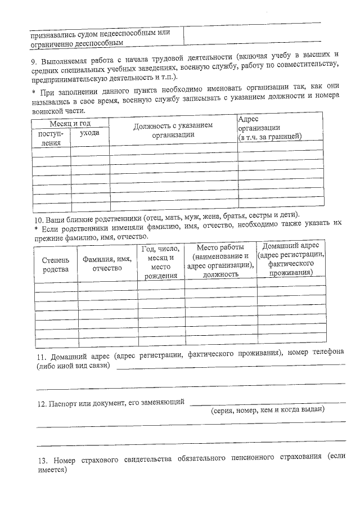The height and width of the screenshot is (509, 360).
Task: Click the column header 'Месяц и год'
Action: click(x=70, y=123)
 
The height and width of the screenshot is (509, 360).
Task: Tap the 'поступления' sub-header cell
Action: click(x=51, y=138)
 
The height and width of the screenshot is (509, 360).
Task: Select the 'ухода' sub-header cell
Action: click(x=89, y=133)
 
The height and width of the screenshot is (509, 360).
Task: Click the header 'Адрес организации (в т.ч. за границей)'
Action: click(x=270, y=128)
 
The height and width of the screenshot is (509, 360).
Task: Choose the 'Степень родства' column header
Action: click(x=55, y=264)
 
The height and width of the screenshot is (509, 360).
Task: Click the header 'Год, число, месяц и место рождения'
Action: click(x=160, y=262)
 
